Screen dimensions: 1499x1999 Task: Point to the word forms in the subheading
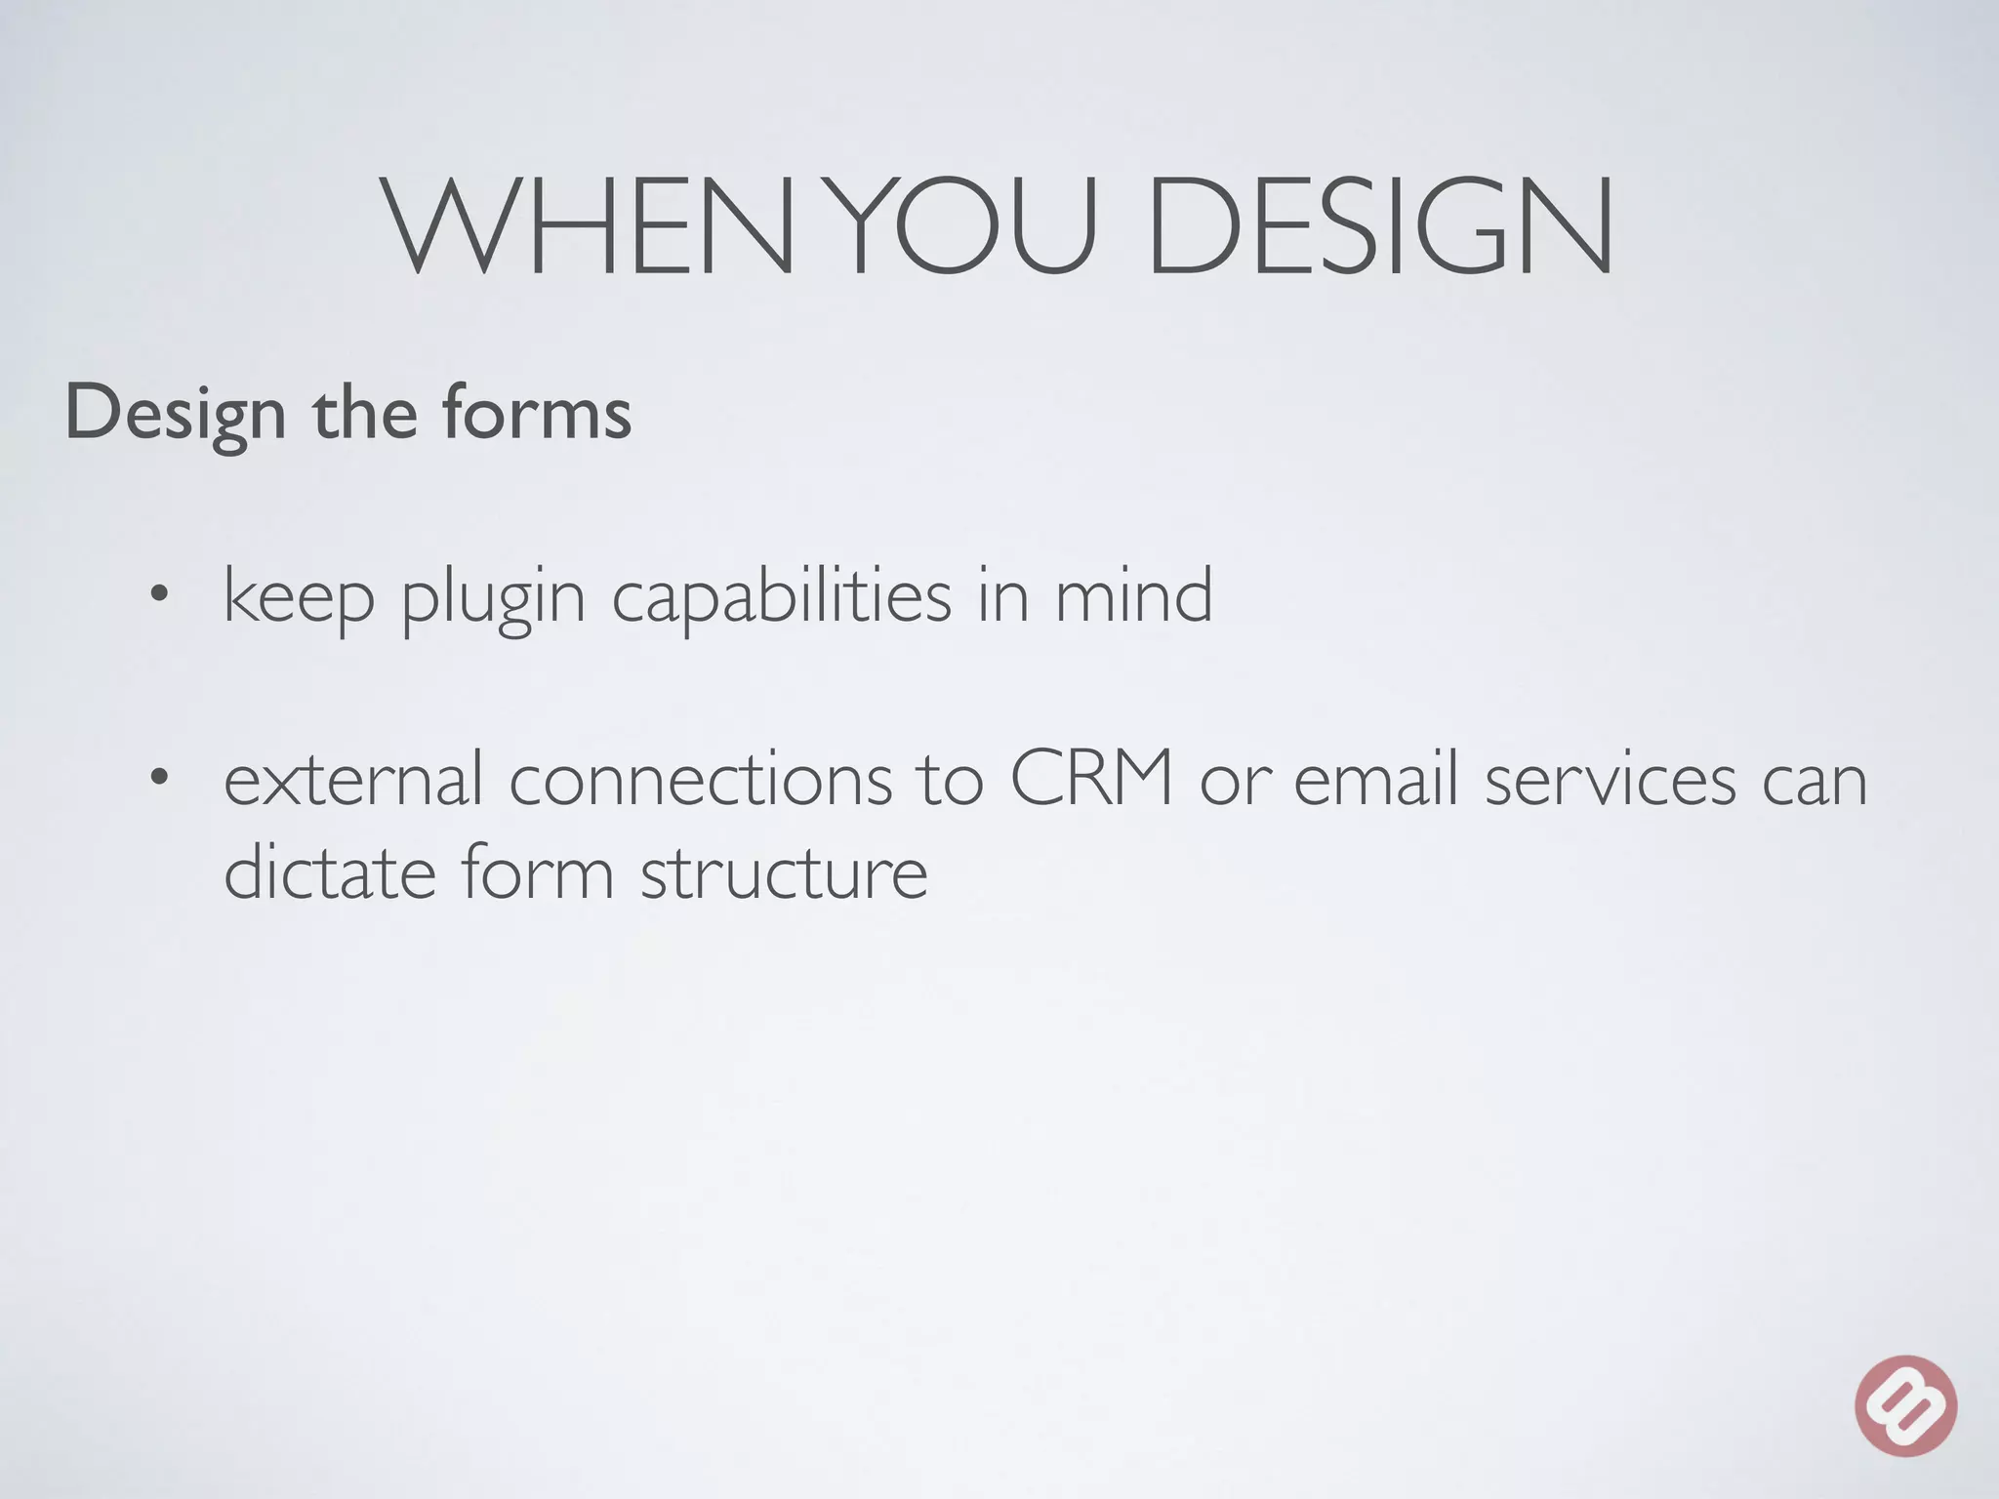[x=537, y=413]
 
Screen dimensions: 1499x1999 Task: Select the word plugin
[x=493, y=598]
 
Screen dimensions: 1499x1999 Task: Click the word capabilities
[x=781, y=596]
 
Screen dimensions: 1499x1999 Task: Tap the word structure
[x=784, y=871]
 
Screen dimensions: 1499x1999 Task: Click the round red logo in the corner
[x=1905, y=1405]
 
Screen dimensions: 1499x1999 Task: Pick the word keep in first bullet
[x=299, y=596]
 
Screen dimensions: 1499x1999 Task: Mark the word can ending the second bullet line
[x=1814, y=781]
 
